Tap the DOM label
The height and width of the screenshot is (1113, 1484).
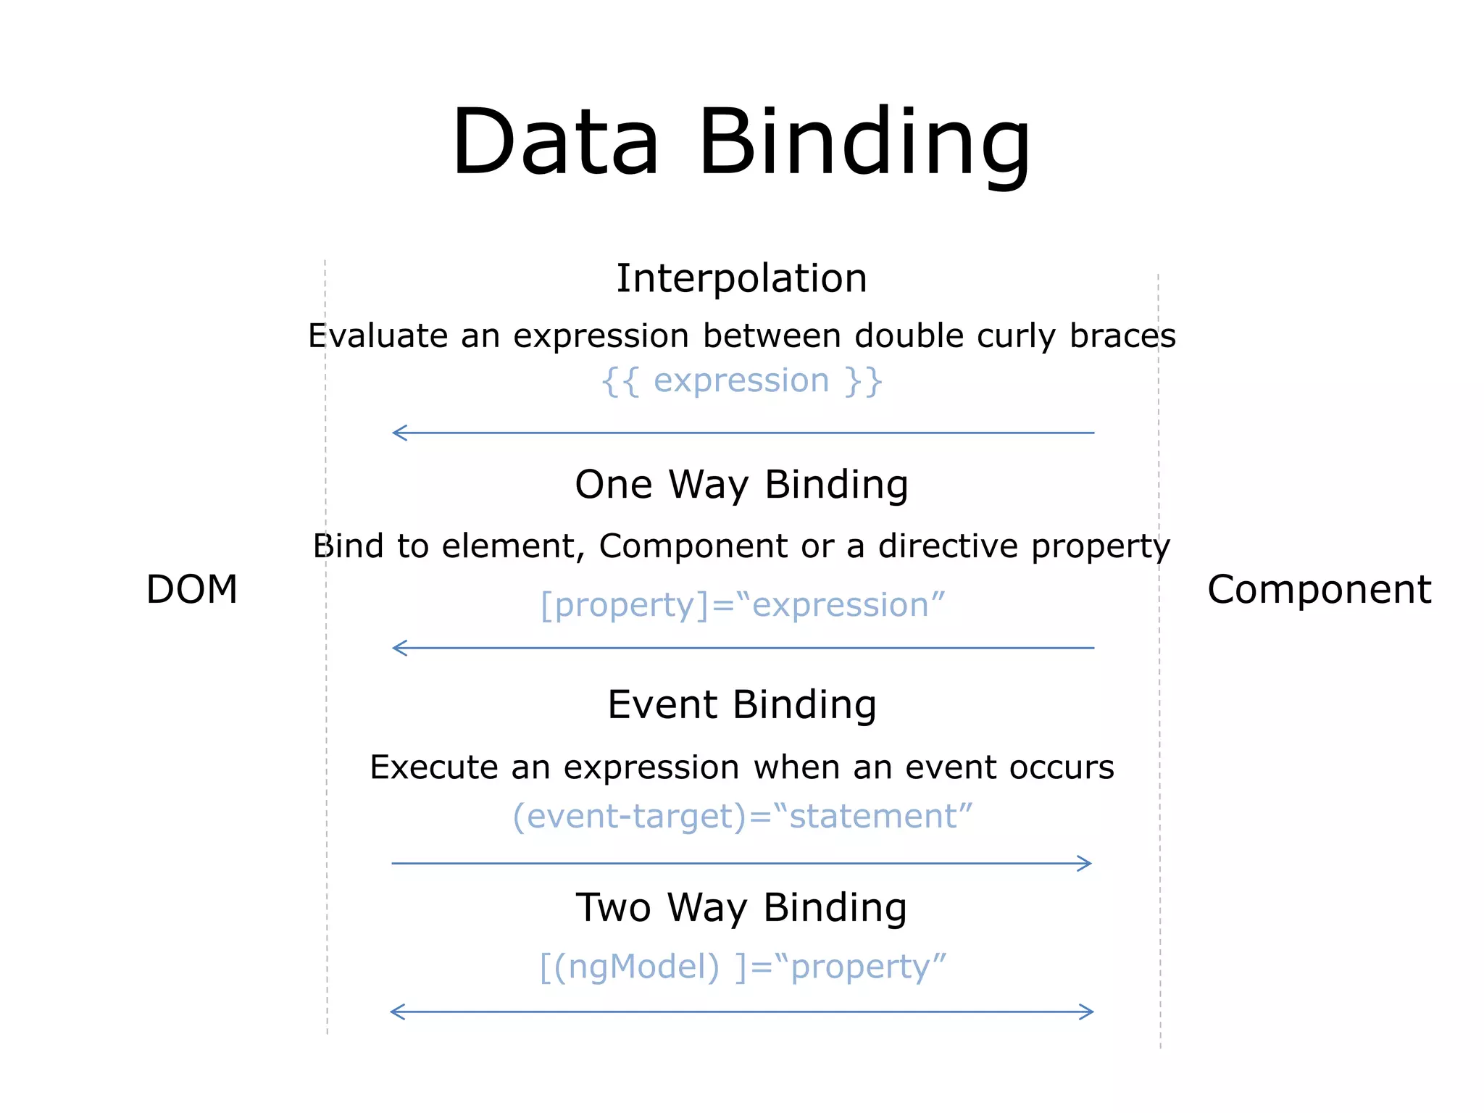pos(192,588)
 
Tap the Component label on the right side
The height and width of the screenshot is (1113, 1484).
pos(1319,588)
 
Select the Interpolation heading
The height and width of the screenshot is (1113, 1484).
pos(741,278)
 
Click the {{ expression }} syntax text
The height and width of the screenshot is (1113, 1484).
pos(741,381)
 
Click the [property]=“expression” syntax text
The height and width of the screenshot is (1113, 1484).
pos(743,605)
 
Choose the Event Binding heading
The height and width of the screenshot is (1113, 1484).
pos(741,704)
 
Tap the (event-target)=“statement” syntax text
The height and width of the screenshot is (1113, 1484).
pos(742,816)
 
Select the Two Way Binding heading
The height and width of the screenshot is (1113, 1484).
pos(741,907)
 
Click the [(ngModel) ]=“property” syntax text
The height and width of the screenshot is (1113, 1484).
pos(743,967)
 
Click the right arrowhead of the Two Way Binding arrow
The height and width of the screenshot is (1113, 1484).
pos(1088,1012)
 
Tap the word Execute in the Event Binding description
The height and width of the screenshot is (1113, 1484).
pos(433,767)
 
